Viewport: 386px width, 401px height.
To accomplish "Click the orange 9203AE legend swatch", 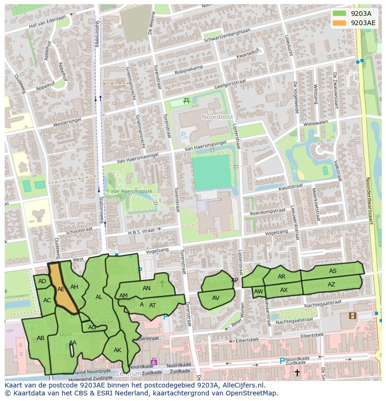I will tap(339, 22).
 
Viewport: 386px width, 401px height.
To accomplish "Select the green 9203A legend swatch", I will tap(339, 13).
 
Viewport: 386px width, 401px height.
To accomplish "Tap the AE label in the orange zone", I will tap(61, 289).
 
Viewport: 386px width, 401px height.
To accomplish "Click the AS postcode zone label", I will tap(332, 271).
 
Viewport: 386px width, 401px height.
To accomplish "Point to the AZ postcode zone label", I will tap(331, 285).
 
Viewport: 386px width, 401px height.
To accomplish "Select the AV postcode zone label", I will tap(215, 298).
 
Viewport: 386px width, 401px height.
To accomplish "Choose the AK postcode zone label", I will tap(117, 350).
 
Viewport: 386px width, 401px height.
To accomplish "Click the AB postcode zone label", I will tap(41, 338).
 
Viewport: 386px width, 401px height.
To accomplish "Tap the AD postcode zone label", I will tap(42, 281).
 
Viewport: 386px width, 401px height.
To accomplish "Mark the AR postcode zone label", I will tap(282, 277).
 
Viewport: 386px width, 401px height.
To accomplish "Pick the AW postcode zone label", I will tap(259, 292).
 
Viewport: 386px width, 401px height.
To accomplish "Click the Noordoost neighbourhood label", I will tap(214, 117).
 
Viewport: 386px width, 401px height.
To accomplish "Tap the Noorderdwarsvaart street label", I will tap(369, 200).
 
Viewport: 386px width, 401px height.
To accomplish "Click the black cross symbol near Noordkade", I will tap(297, 372).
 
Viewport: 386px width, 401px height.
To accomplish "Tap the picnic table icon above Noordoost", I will tap(186, 101).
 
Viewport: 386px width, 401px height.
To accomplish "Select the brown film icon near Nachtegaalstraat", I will tap(352, 316).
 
